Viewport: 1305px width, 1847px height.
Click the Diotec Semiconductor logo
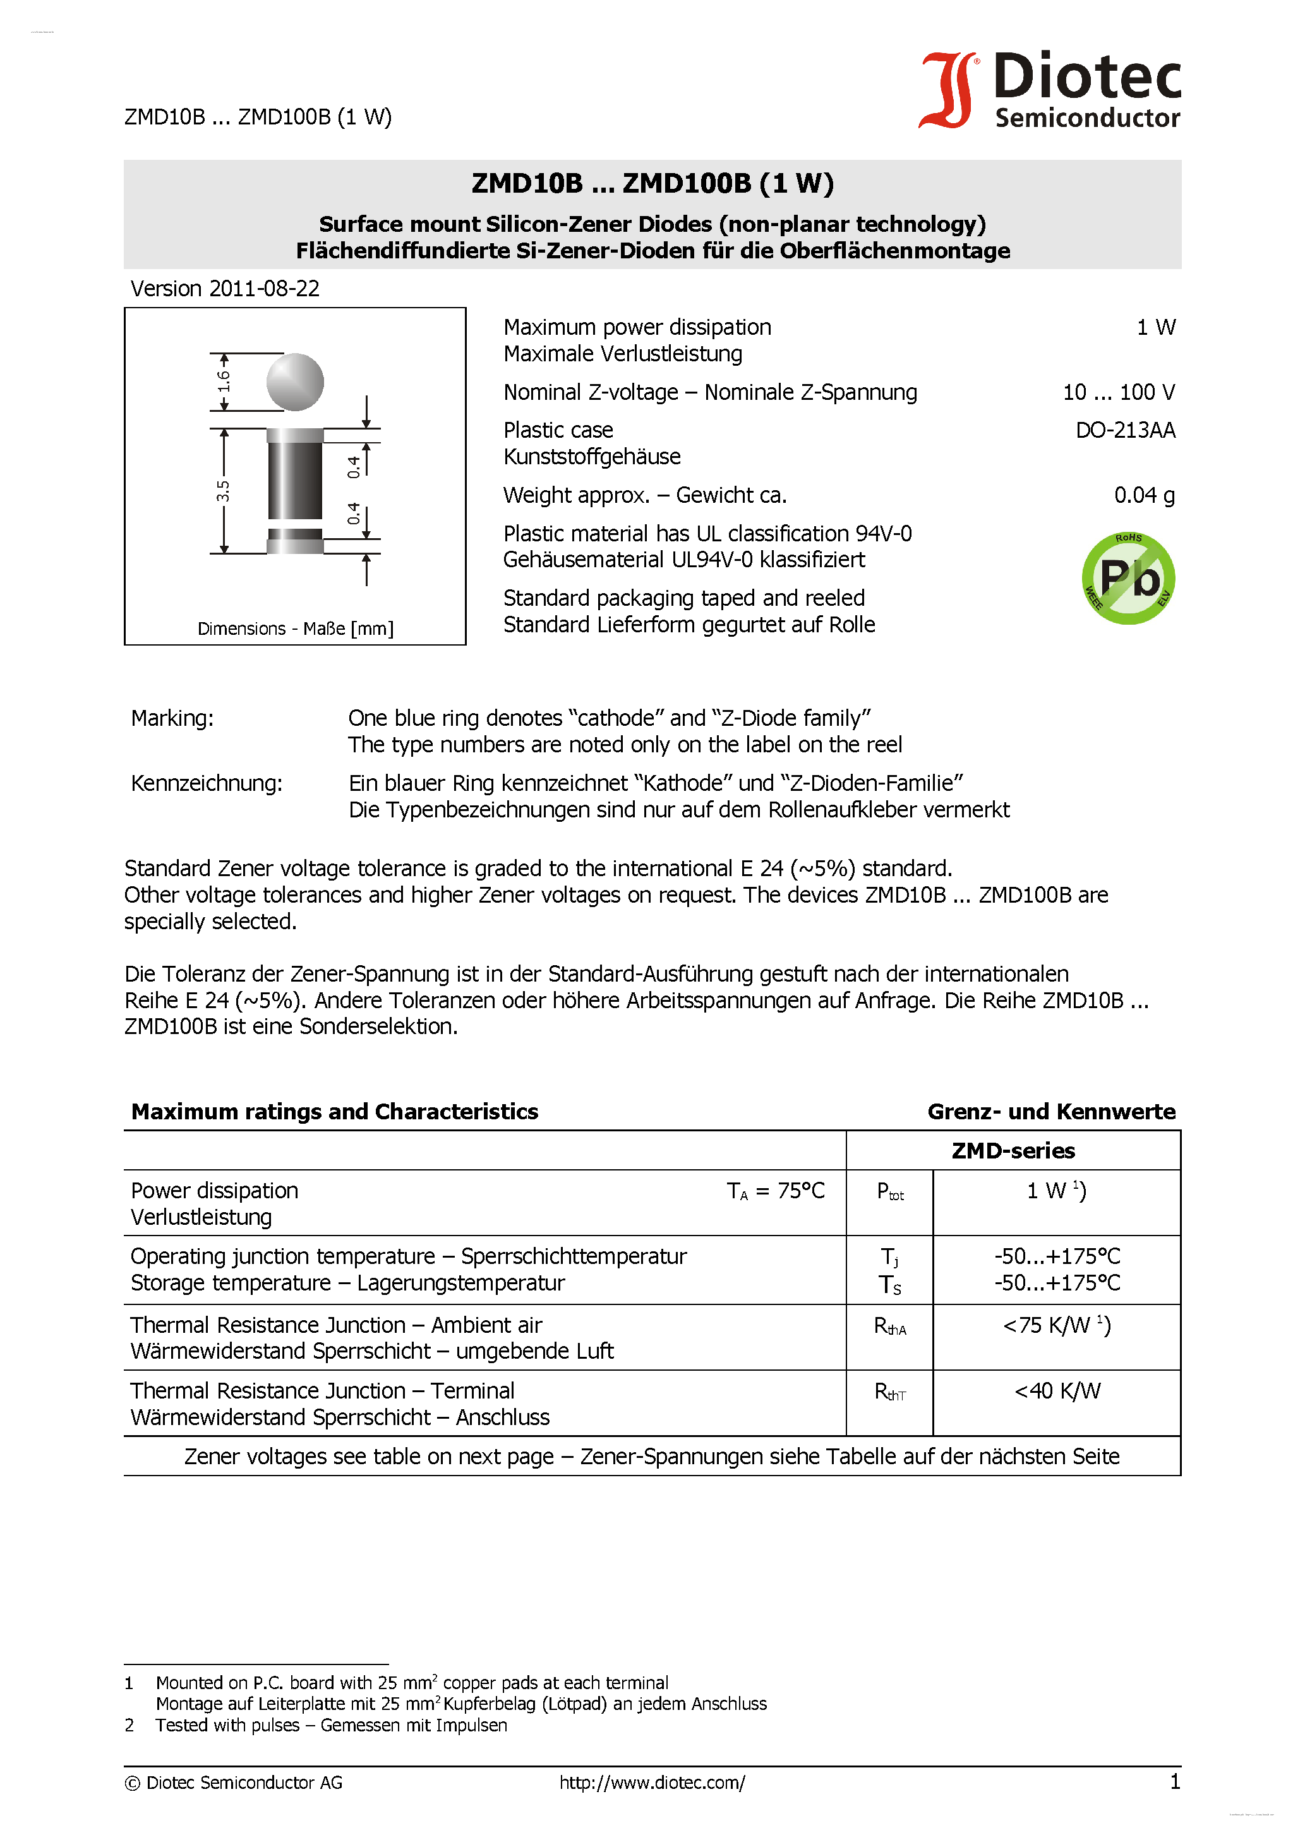[x=1050, y=90]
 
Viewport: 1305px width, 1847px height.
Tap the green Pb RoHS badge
[x=1128, y=579]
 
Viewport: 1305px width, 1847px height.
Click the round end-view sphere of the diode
[x=295, y=382]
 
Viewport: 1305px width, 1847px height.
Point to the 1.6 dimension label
[x=224, y=380]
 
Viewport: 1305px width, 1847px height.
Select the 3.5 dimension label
[x=223, y=491]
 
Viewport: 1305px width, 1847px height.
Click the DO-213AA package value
[x=1125, y=430]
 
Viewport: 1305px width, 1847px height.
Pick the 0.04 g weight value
[x=1143, y=495]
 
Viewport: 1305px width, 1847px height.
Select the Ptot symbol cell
[x=890, y=1192]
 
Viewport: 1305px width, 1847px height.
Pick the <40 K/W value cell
[x=1056, y=1391]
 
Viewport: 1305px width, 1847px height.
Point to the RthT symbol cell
[x=890, y=1392]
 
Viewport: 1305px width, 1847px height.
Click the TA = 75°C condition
[x=775, y=1191]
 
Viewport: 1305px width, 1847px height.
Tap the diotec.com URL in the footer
[x=652, y=1783]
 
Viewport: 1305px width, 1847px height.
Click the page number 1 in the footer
[x=1174, y=1782]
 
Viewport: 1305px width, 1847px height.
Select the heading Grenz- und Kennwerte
[x=1050, y=1112]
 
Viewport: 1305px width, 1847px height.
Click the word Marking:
[x=172, y=718]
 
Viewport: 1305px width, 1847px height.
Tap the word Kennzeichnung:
[x=206, y=783]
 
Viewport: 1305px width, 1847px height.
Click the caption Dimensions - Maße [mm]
[x=295, y=629]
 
